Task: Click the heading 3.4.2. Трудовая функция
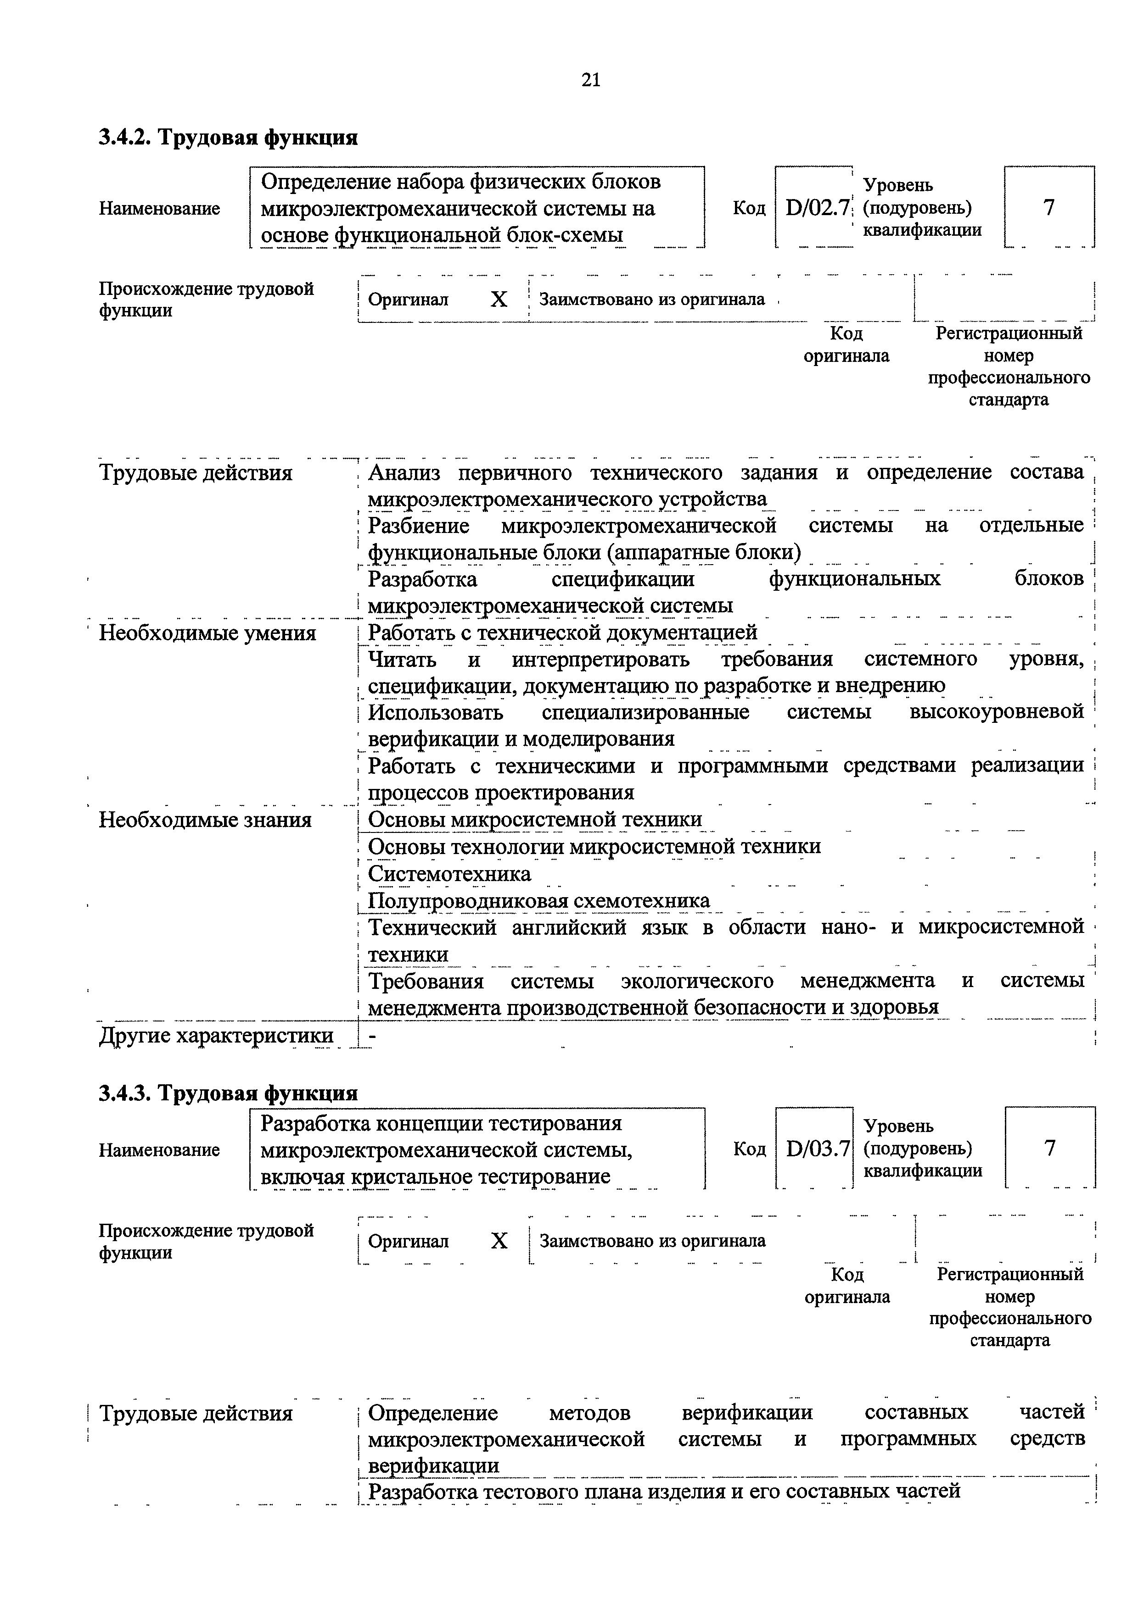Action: click(228, 137)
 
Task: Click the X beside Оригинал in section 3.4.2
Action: click(499, 300)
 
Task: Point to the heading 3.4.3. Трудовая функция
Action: click(228, 1093)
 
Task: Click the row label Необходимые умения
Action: click(207, 633)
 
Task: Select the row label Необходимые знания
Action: click(205, 820)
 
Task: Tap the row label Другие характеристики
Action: click(216, 1035)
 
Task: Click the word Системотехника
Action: click(449, 874)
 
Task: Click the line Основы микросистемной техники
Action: click(534, 820)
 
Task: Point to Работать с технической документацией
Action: click(562, 633)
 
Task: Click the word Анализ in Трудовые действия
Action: click(404, 473)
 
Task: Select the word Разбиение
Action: click(419, 526)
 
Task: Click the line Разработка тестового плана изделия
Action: click(663, 1491)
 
